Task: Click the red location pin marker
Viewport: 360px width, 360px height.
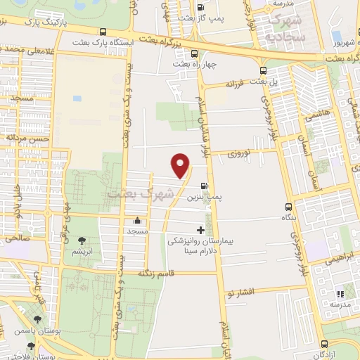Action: (x=181, y=165)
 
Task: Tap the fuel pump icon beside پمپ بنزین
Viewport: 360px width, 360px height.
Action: (x=204, y=186)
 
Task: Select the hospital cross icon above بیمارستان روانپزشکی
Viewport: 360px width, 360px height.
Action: (x=201, y=230)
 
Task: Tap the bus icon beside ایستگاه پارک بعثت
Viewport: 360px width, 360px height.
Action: (x=104, y=32)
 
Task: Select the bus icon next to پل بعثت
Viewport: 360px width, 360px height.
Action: (x=264, y=70)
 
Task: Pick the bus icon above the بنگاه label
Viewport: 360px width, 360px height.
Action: (x=288, y=207)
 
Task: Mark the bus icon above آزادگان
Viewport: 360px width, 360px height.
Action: (x=325, y=344)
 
